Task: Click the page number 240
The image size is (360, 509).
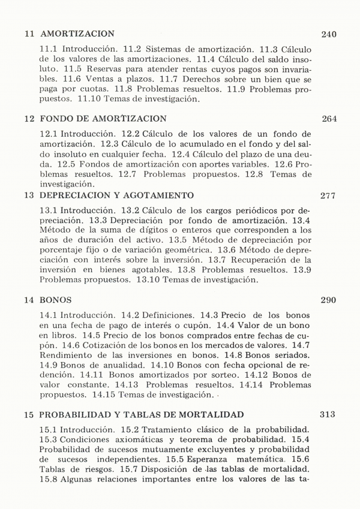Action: (x=329, y=34)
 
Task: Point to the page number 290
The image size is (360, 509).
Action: (x=329, y=300)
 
